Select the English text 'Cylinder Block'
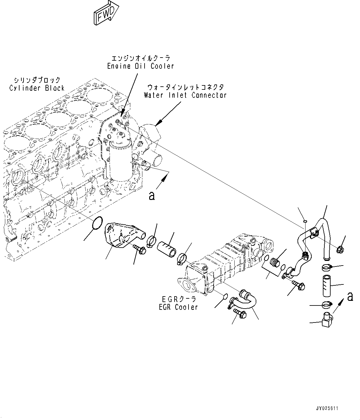coord(37,88)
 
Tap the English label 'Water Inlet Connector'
coord(185,95)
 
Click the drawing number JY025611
coord(327,409)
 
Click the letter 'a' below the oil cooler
coord(151,196)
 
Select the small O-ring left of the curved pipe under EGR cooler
coord(226,297)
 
